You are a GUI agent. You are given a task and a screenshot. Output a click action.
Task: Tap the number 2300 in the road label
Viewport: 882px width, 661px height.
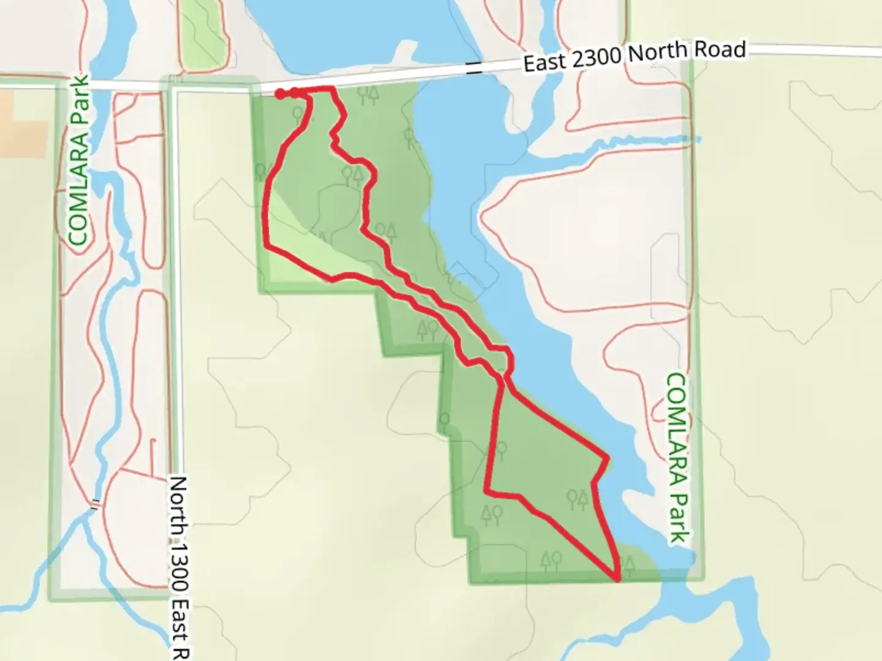592,59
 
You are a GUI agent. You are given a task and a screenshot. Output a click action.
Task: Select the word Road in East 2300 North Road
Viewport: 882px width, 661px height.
720,50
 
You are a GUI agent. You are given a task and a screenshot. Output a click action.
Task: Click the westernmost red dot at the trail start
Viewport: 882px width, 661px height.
279,94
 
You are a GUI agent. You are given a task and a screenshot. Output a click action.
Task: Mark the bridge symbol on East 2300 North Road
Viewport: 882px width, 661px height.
473,69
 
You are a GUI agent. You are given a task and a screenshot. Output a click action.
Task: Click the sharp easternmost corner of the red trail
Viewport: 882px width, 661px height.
608,458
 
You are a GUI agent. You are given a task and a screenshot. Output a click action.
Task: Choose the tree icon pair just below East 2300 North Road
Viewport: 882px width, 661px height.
368,94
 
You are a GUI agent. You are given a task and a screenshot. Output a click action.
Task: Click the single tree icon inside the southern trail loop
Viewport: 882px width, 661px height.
502,452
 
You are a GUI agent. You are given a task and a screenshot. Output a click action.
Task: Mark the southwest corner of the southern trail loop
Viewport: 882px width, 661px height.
487,490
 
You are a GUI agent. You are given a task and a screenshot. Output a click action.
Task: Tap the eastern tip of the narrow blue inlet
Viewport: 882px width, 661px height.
698,139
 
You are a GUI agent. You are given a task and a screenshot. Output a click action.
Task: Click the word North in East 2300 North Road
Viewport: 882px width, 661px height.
656,54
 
